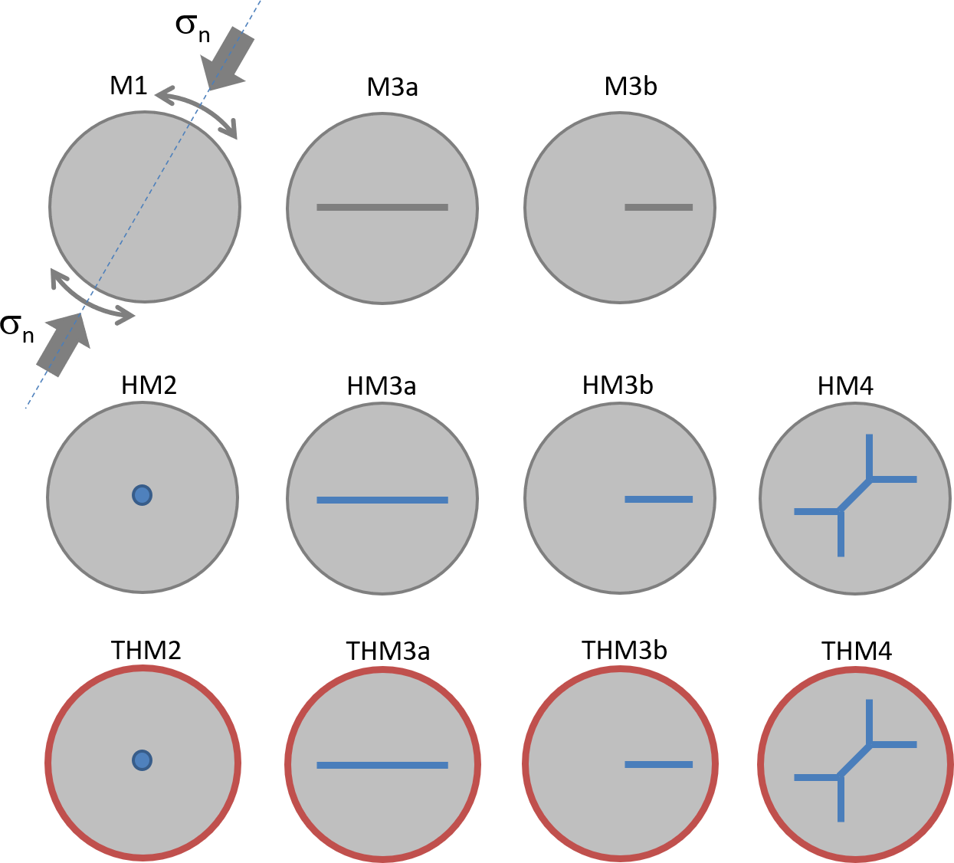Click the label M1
point(128,86)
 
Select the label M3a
point(392,87)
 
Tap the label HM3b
point(618,385)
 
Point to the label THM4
point(857,651)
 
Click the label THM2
point(146,651)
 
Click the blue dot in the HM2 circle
point(142,495)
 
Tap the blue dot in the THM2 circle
point(142,760)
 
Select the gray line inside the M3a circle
point(382,207)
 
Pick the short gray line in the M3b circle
point(659,207)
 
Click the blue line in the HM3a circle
point(382,500)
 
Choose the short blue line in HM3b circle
point(659,500)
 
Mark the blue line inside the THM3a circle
point(382,765)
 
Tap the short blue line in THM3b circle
point(659,764)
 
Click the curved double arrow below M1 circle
point(90,300)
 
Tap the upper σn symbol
point(192,28)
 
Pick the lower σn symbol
point(18,327)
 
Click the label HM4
point(845,386)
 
